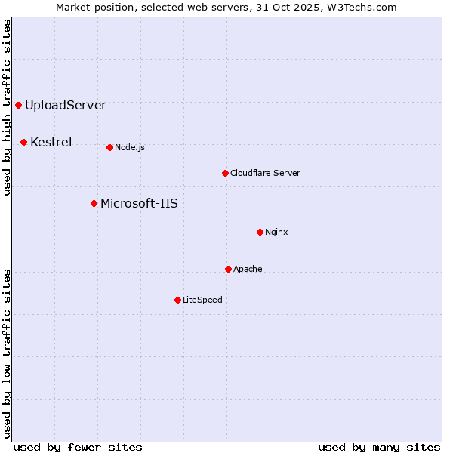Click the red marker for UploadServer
18,105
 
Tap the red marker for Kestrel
23,142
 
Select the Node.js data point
109,147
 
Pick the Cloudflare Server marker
225,173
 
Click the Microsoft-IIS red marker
94,203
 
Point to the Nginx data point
260,232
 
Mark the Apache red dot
228,269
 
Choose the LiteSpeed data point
177,300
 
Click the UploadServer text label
66,105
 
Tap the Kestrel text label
51,142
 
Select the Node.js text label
130,147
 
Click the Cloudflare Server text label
265,173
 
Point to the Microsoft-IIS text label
139,203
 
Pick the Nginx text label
276,232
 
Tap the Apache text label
248,269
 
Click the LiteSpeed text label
202,300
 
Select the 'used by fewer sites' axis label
78,447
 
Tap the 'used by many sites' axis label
379,447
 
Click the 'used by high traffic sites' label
7,108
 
